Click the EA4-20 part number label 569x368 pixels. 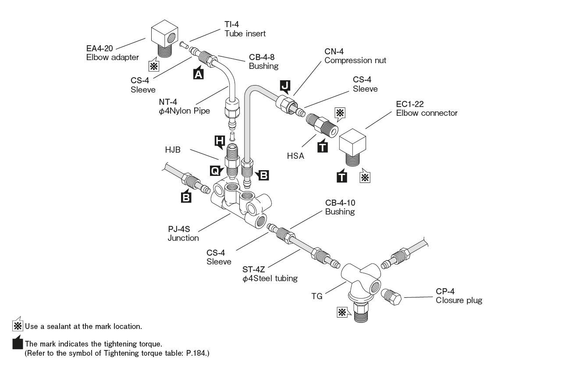coord(100,49)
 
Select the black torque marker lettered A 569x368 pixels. coord(198,75)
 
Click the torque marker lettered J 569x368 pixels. coord(285,86)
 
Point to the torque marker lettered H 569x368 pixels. coord(219,141)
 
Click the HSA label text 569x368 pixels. coord(295,156)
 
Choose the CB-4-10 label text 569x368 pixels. coord(340,204)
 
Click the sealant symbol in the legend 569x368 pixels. coord(17,326)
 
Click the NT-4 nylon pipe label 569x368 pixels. coord(168,103)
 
